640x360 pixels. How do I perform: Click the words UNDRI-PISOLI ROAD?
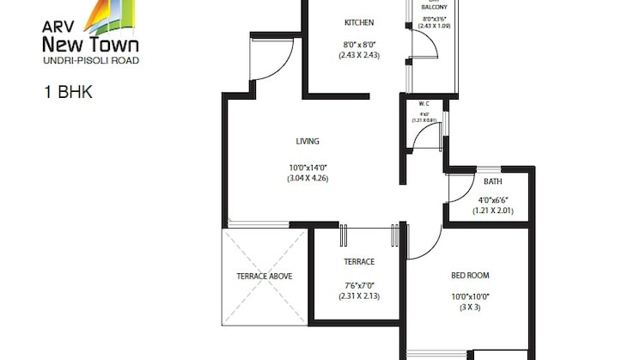click(x=90, y=60)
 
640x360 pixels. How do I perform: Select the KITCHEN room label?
click(x=358, y=22)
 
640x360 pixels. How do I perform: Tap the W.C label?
click(x=424, y=105)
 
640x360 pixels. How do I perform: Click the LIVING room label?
click(x=308, y=141)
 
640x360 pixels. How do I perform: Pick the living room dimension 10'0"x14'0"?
click(x=308, y=167)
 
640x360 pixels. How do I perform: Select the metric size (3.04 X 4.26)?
click(x=308, y=179)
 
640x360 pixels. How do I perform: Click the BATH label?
click(x=492, y=181)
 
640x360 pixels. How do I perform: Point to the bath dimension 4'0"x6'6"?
click(x=492, y=199)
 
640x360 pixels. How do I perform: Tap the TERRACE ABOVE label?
click(x=265, y=276)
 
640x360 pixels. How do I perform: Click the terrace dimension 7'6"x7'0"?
click(x=358, y=284)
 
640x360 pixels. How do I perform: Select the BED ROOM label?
click(x=470, y=276)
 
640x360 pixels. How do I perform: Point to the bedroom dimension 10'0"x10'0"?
click(x=470, y=296)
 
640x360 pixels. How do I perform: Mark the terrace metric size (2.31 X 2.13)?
click(x=358, y=296)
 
